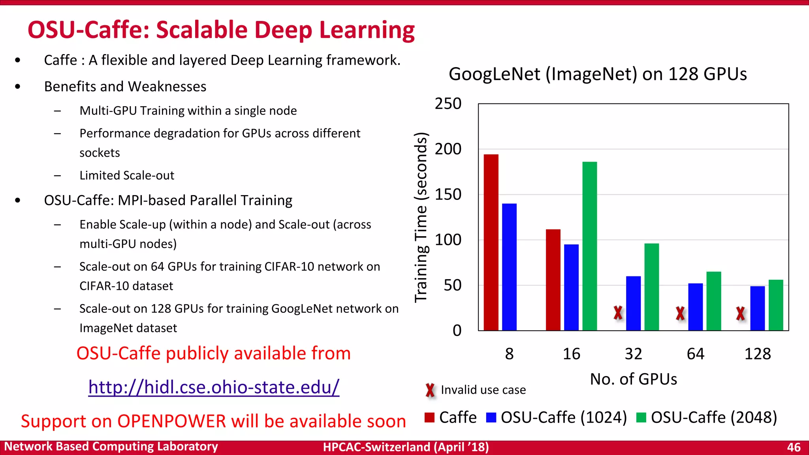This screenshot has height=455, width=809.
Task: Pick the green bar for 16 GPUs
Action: point(589,246)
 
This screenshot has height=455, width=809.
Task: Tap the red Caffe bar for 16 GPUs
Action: point(553,280)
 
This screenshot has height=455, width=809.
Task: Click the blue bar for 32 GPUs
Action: point(633,303)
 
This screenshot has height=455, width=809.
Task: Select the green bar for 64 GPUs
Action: point(713,301)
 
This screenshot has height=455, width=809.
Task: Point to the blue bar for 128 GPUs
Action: point(757,308)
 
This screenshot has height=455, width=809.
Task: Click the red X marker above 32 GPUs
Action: point(618,313)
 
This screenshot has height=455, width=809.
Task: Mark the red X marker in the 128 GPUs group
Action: point(740,314)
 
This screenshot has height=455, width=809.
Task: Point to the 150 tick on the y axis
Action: point(448,194)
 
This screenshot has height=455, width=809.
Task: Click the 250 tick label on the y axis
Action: point(448,103)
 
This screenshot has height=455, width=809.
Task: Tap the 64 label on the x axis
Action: point(695,353)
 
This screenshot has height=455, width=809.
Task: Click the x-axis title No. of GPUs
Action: point(633,379)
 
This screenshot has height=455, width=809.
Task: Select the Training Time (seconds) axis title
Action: point(421,217)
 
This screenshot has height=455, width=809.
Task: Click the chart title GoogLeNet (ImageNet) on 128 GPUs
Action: point(597,74)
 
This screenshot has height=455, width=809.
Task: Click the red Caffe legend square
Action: point(429,417)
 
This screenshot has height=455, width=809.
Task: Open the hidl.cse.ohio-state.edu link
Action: point(214,387)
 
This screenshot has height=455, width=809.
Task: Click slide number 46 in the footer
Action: point(794,447)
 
